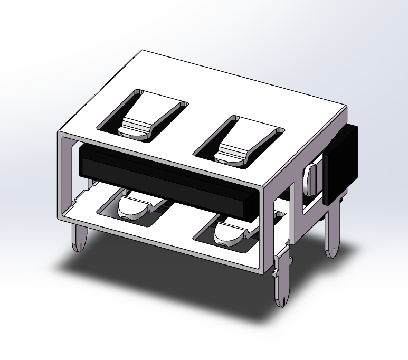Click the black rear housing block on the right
click(x=341, y=164)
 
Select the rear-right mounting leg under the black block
click(x=333, y=232)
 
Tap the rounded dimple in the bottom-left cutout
click(x=129, y=208)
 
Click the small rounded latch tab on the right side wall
click(x=311, y=179)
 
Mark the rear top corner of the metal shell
click(x=143, y=52)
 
